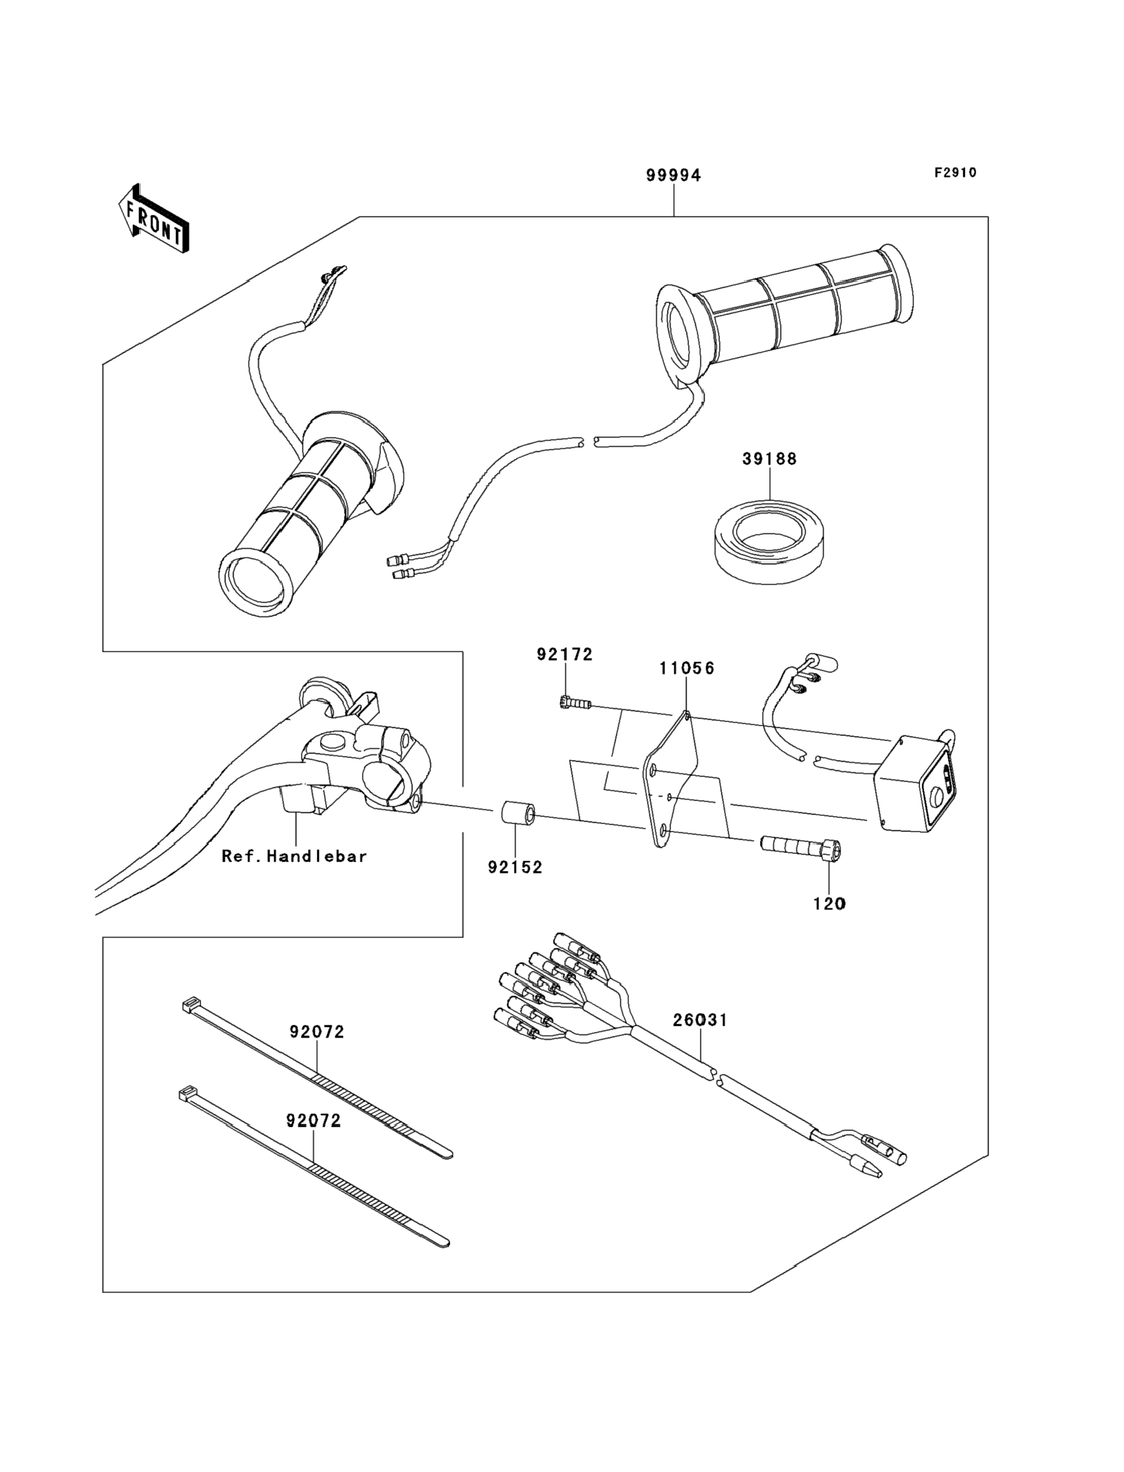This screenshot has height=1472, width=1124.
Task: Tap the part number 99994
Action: pos(673,176)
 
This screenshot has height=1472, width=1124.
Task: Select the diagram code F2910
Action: pos(956,173)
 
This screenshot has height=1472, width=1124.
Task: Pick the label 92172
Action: pos(565,654)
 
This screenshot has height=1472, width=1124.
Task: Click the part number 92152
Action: pos(515,868)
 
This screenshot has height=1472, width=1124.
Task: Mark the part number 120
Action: pos(830,904)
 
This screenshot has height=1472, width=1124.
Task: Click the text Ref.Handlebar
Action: pos(294,856)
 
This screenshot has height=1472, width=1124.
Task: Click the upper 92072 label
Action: pos(317,1032)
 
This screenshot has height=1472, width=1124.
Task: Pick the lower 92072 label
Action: pos(314,1121)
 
